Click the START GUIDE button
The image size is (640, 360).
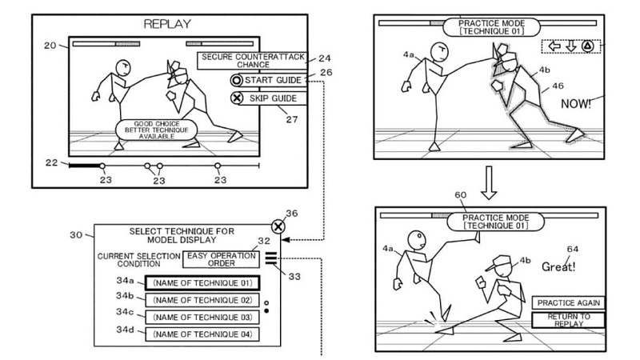coord(268,80)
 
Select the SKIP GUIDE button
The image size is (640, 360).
coord(268,98)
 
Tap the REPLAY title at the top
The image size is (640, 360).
coord(167,24)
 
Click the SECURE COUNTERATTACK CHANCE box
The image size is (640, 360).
coord(253,61)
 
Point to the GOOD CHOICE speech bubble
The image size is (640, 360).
coord(157,130)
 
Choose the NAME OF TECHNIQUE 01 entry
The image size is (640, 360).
coord(202,283)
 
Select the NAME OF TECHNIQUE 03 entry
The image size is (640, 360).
coord(202,317)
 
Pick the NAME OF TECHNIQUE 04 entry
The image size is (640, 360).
coord(202,334)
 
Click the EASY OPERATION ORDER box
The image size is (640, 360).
coord(221,259)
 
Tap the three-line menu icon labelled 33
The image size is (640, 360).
coord(270,258)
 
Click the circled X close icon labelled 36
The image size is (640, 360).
coord(278,226)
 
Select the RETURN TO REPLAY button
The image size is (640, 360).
coord(568,320)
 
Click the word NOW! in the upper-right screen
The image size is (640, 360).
coord(575,104)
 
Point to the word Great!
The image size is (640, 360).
coord(558,267)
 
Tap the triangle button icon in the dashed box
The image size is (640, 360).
coord(587,46)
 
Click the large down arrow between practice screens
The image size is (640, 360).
coord(489,182)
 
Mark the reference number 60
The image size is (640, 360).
coord(461,195)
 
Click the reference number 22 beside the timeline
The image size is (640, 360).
coord(51,162)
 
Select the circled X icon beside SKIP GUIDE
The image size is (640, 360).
coord(237,98)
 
